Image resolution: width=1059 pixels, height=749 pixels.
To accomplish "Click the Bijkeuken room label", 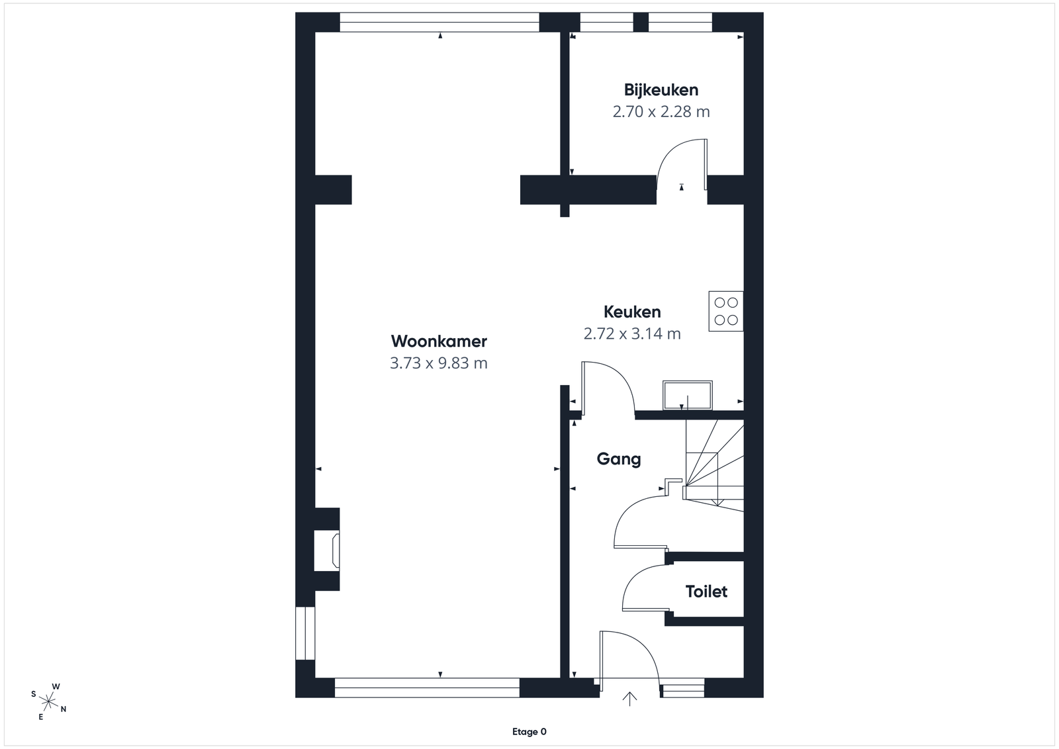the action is pos(661,90).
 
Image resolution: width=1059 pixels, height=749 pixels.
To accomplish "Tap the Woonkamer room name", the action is pos(439,341).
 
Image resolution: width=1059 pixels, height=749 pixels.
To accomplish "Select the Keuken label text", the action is pos(632,312).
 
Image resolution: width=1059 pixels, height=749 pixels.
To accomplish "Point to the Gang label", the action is pos(618,459).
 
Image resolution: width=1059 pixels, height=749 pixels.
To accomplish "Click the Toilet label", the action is pos(706,591).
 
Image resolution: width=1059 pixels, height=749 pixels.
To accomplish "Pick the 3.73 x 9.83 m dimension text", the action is pos(439,363).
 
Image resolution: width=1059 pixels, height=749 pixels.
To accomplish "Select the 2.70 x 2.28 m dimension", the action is pos(661,112).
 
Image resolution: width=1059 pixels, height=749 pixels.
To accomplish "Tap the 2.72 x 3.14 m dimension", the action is pos(632,333).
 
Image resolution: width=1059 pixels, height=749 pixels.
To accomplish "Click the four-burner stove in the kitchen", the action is pos(725,311).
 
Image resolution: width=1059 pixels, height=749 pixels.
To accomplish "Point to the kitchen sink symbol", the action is pos(688,394).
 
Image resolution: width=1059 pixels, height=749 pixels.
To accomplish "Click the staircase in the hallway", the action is pos(714,465).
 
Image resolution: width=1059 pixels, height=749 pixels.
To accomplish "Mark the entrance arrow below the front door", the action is pos(629,699).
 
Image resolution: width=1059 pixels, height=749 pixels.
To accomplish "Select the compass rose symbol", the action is pos(48,701).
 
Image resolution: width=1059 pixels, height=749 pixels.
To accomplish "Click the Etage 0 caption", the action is pos(529,732).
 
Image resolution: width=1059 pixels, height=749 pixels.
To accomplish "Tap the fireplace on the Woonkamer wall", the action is pos(327,550).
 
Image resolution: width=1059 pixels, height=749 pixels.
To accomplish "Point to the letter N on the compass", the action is pos(64,709).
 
